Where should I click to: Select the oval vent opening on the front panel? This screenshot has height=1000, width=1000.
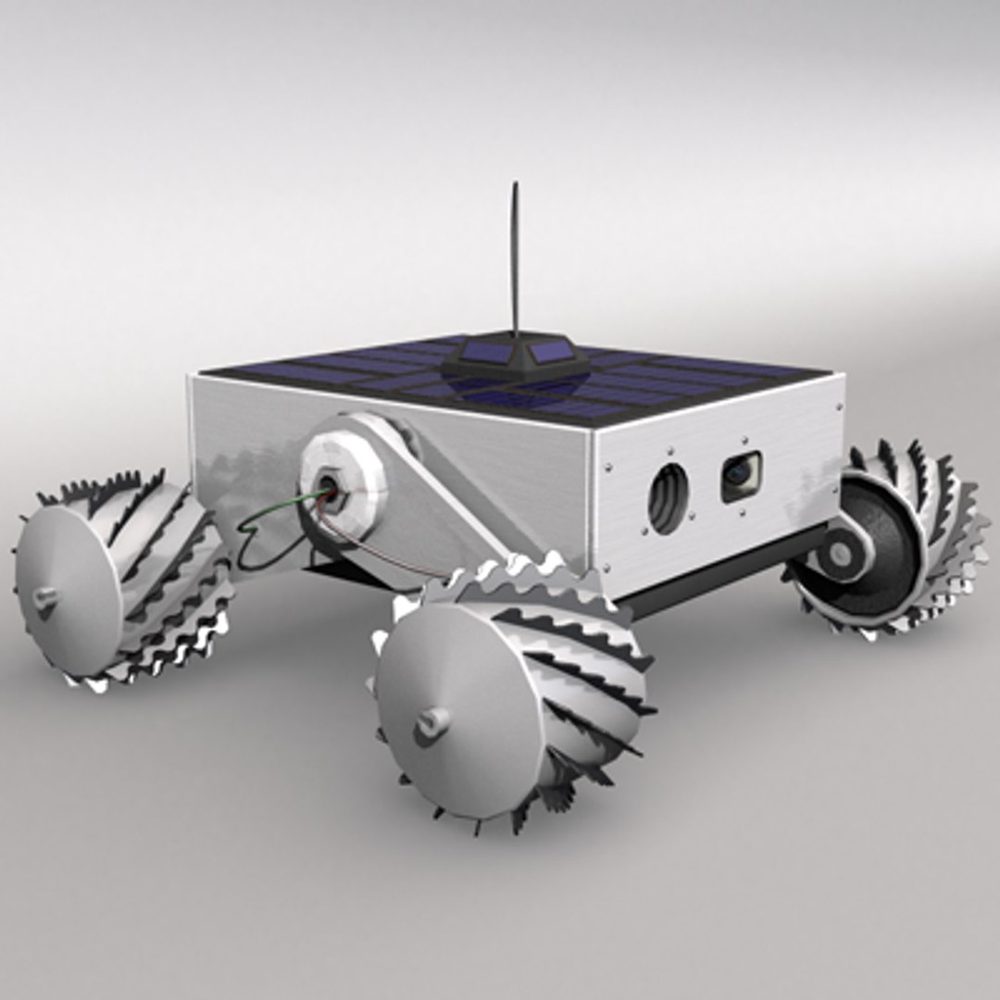click(x=669, y=498)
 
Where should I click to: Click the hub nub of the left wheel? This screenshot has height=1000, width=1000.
click(x=44, y=598)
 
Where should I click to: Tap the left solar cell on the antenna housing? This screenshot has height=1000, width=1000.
click(x=484, y=352)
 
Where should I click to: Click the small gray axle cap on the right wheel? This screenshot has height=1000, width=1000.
click(x=840, y=554)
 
